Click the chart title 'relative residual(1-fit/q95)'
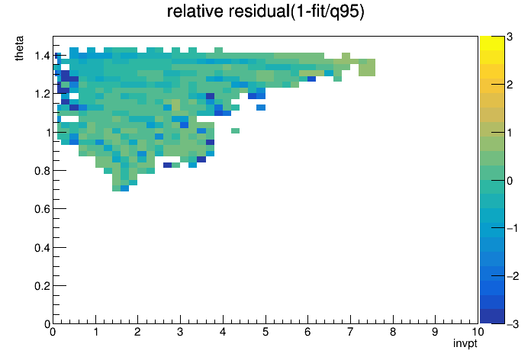[265, 11]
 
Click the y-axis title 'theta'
[19, 48]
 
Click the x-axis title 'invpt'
[465, 343]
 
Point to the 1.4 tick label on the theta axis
[42, 56]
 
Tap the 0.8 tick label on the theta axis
[42, 171]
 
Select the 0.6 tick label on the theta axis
[42, 209]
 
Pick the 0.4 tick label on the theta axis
[42, 248]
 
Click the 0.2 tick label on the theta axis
[42, 286]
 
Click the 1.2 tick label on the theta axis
[42, 94]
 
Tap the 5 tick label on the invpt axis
[265, 332]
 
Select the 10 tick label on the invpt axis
[478, 332]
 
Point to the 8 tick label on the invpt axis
[393, 332]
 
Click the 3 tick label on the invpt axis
[180, 332]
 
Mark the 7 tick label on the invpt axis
[350, 332]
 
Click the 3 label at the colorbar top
[510, 37]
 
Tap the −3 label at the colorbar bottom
[513, 324]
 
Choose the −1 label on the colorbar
[513, 228]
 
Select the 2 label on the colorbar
[510, 85]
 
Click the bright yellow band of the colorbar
[492, 43]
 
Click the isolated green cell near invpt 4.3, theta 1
[235, 130]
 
